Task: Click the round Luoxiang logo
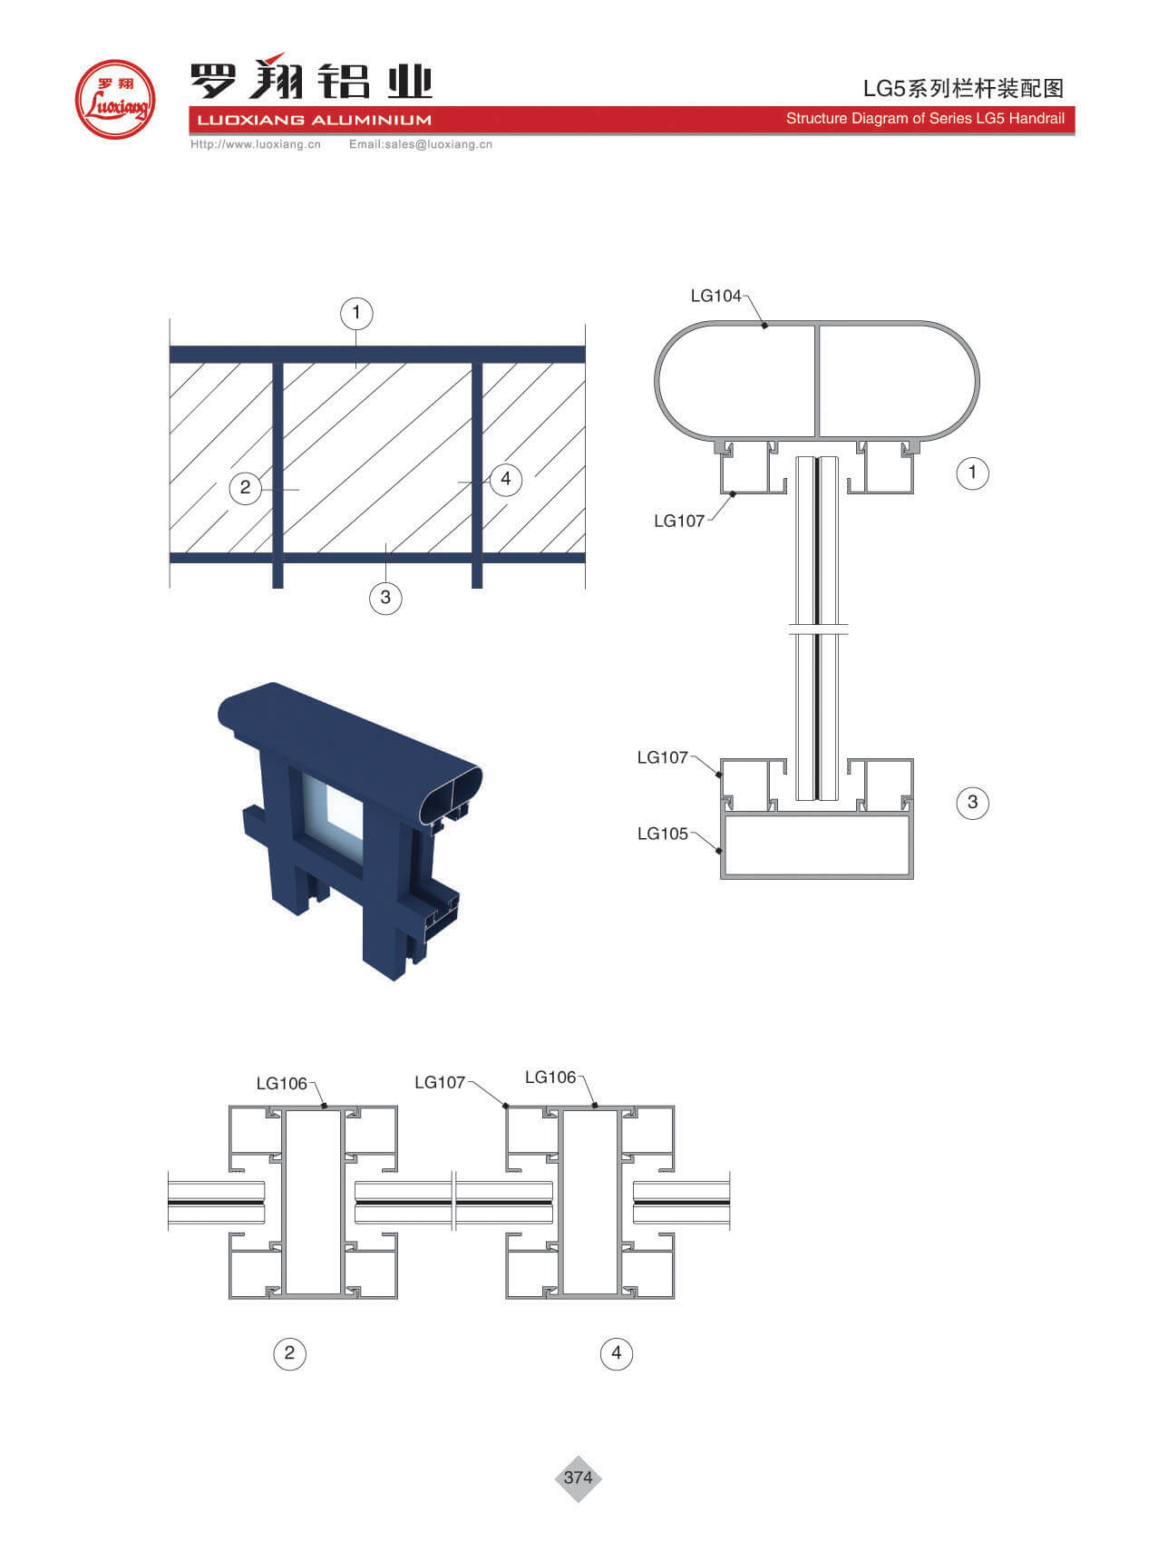(x=115, y=99)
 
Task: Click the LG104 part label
(x=715, y=296)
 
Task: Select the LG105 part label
(x=663, y=834)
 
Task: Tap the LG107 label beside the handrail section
(x=679, y=521)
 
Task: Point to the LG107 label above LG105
(x=663, y=757)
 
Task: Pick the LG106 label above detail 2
(x=282, y=1083)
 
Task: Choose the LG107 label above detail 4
(x=440, y=1082)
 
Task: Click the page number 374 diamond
(x=578, y=1478)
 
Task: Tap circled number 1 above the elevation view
(x=356, y=313)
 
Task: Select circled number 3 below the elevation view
(x=385, y=597)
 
